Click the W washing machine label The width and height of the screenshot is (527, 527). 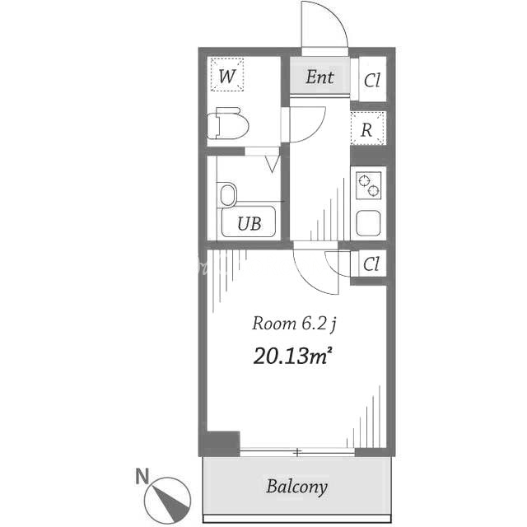coord(227,76)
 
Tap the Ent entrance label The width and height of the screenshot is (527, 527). coord(319,77)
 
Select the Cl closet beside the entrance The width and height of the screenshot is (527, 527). coord(372,80)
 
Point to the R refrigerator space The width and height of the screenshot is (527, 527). coord(367,128)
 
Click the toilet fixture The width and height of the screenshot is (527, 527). coord(227,124)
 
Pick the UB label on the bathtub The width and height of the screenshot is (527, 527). coord(249,223)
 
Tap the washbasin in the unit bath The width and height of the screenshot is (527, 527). coord(227,195)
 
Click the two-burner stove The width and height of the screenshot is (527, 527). coord(369,185)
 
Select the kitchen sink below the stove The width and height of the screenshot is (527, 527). coord(369,223)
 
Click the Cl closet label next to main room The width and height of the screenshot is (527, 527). coord(371,264)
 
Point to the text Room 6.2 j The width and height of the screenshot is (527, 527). coord(294,324)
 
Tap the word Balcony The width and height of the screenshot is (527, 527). coord(296,487)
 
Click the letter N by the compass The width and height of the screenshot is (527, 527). coord(142,476)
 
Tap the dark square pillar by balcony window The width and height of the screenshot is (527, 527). coord(223,443)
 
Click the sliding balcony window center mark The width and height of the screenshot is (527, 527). coord(297,452)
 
